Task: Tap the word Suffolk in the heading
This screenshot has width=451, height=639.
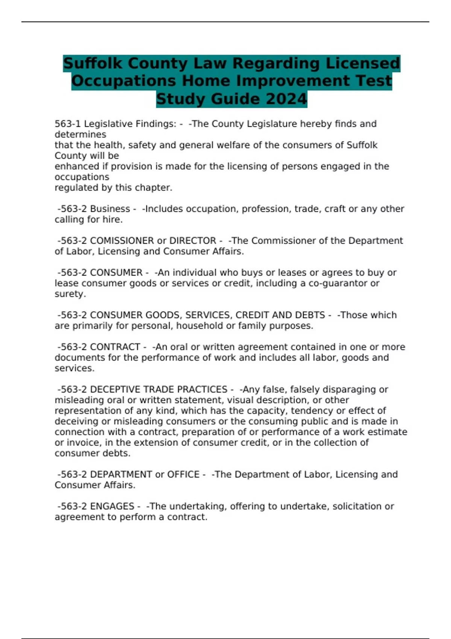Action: tap(93, 63)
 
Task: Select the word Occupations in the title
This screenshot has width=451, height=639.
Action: tap(124, 81)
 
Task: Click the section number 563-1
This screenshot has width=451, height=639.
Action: tap(68, 124)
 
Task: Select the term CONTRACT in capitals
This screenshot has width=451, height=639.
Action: tap(115, 347)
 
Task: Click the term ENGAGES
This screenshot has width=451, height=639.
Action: tap(112, 506)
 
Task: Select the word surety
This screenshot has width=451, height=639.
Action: tap(70, 294)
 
